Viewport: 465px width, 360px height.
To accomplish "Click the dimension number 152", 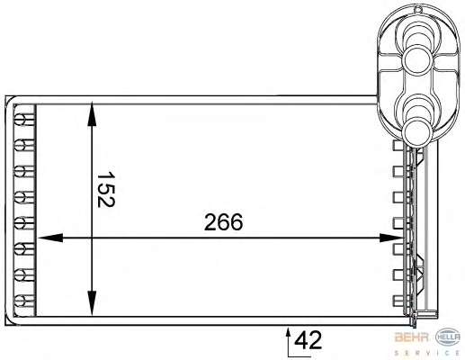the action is coord(106,189).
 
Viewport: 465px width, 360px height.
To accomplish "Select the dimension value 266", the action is coord(223,222).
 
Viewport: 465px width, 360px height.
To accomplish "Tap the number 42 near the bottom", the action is coord(308,340).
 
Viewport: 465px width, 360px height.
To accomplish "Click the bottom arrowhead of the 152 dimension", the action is coord(92,303).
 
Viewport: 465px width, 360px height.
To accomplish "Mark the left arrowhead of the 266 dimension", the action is coord(49,238).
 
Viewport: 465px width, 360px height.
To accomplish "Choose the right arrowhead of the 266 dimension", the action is coord(390,238).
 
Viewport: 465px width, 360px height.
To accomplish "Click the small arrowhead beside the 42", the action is coord(289,332).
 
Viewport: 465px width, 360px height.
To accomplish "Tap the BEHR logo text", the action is coord(412,337).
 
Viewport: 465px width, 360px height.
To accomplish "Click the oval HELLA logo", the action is coord(448,337).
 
